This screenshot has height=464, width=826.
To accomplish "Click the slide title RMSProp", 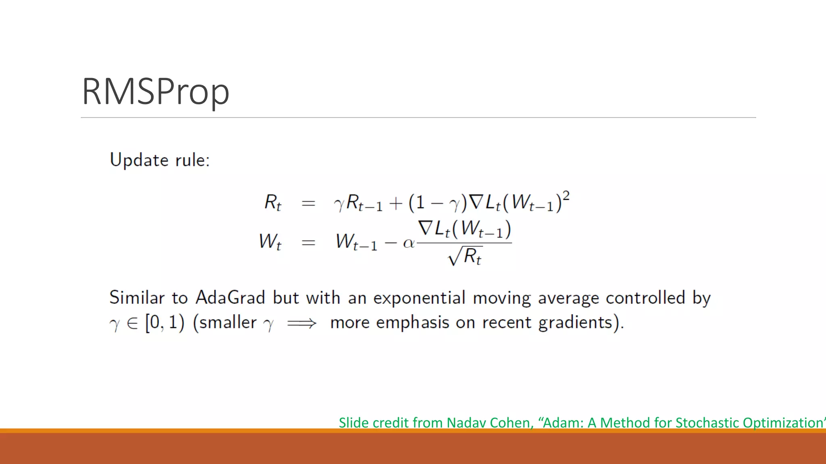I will pos(156,92).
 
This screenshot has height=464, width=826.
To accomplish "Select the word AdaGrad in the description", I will pos(230,298).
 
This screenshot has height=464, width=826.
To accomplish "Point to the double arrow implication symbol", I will pos(302,323).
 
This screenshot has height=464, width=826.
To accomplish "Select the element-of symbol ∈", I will pos(132,323).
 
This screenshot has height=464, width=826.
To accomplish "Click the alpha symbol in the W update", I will pos(409,243).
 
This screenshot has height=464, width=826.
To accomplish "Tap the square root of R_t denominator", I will pos(465,256).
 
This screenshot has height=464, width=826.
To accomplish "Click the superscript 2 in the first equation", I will pos(566,196).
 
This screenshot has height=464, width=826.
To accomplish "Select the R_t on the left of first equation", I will pos(273,202).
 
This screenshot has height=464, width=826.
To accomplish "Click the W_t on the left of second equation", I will pos(270,242).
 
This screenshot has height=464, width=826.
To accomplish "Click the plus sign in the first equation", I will pos(396,203).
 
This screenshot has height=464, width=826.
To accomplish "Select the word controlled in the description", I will pos(645,298).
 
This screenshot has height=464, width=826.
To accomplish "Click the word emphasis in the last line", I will pos(413,323).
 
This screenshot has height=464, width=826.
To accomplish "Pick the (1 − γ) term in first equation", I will pos(438,203).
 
